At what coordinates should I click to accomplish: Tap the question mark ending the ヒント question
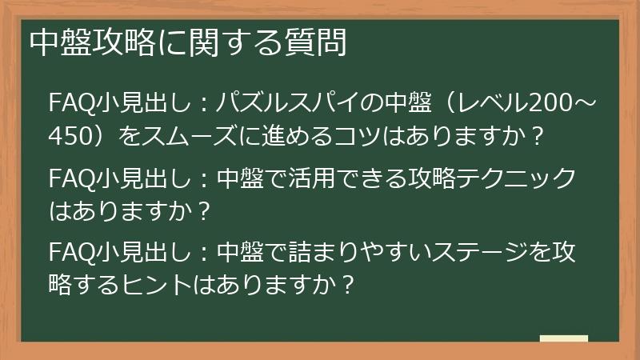click(x=346, y=286)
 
